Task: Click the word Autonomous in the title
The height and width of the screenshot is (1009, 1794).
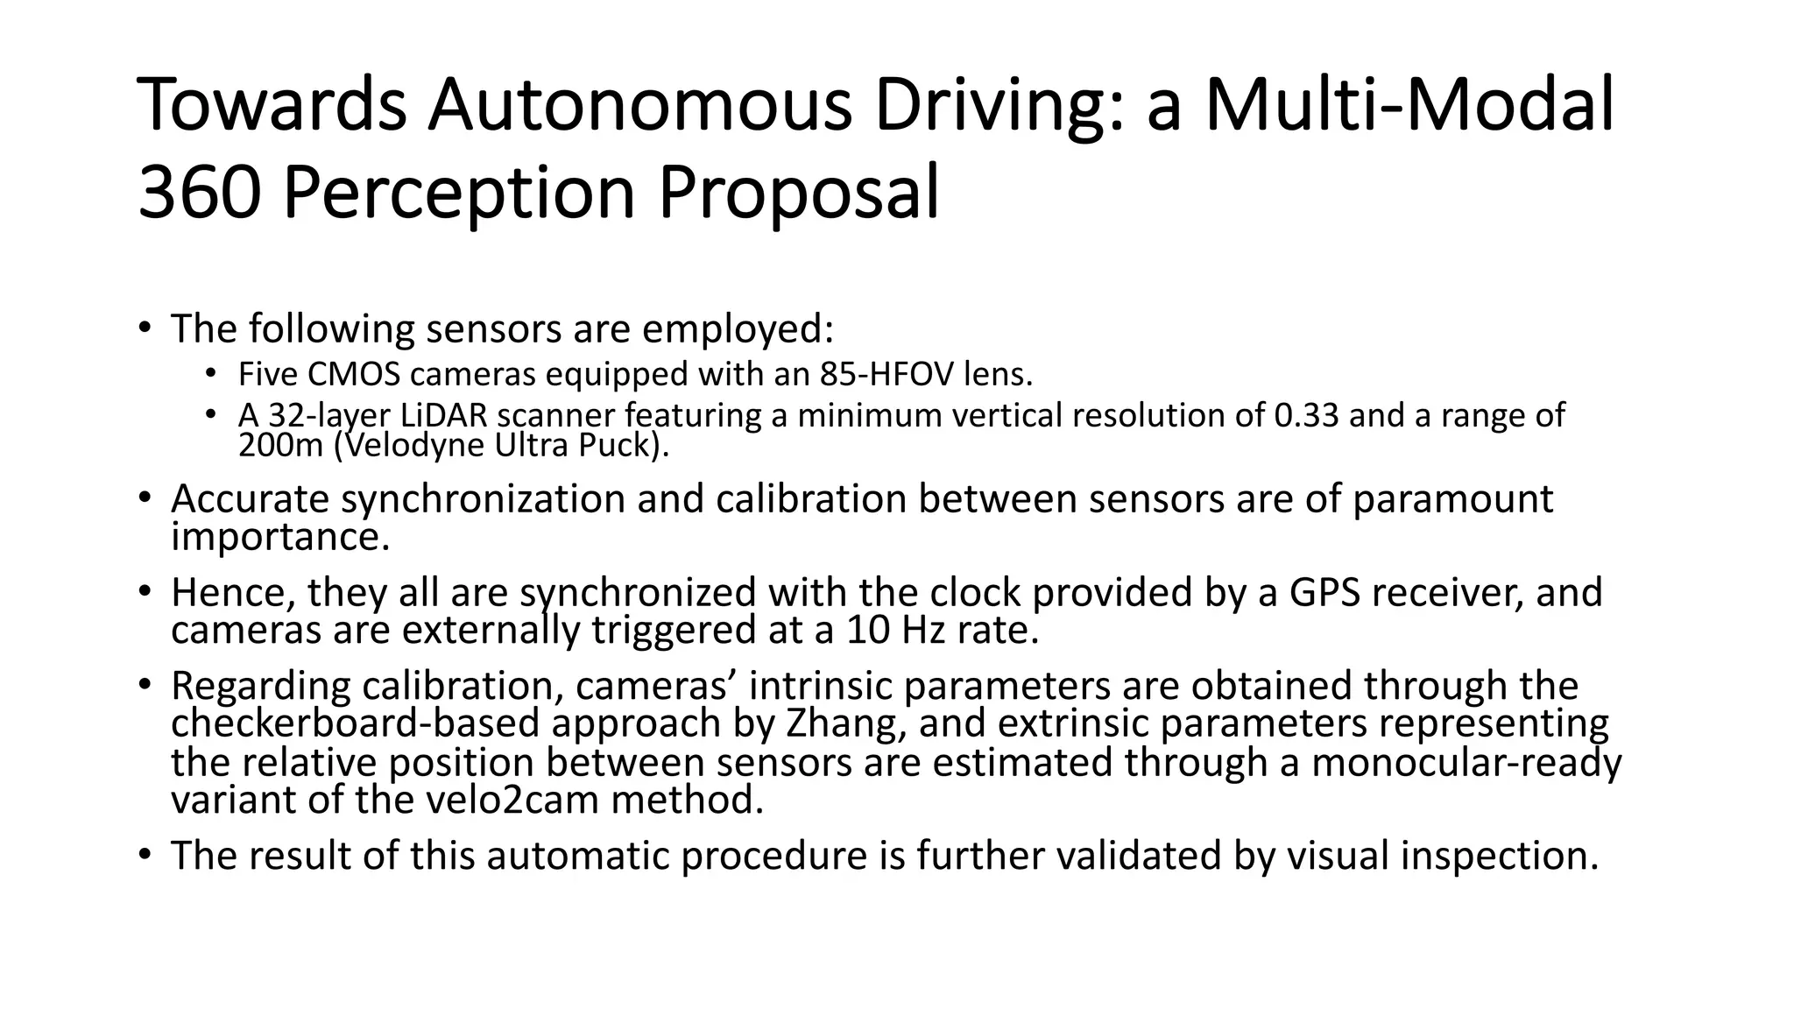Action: coord(639,105)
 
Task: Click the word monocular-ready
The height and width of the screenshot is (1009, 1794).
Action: coord(1466,762)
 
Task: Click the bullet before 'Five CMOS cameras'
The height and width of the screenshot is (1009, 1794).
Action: coord(210,375)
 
